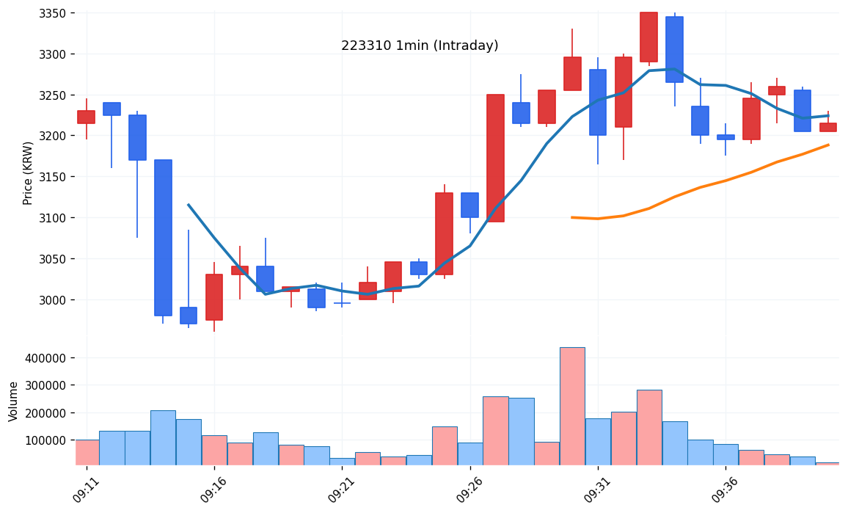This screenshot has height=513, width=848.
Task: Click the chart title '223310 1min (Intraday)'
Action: point(420,46)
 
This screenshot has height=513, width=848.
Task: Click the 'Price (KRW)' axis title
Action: point(29,172)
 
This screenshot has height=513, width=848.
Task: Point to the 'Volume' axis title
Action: point(14,401)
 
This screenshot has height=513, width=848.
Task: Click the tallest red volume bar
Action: point(572,406)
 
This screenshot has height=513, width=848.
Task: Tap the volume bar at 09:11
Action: point(87,452)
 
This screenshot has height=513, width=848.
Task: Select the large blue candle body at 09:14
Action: point(163,238)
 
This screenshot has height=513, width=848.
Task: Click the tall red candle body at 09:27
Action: point(495,158)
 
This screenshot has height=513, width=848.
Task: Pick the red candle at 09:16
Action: point(214,297)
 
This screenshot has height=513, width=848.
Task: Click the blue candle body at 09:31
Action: point(598,103)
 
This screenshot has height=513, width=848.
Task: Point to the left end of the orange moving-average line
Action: point(572,217)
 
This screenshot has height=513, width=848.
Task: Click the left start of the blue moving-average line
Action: point(189,205)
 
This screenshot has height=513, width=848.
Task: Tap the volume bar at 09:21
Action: point(342,461)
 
